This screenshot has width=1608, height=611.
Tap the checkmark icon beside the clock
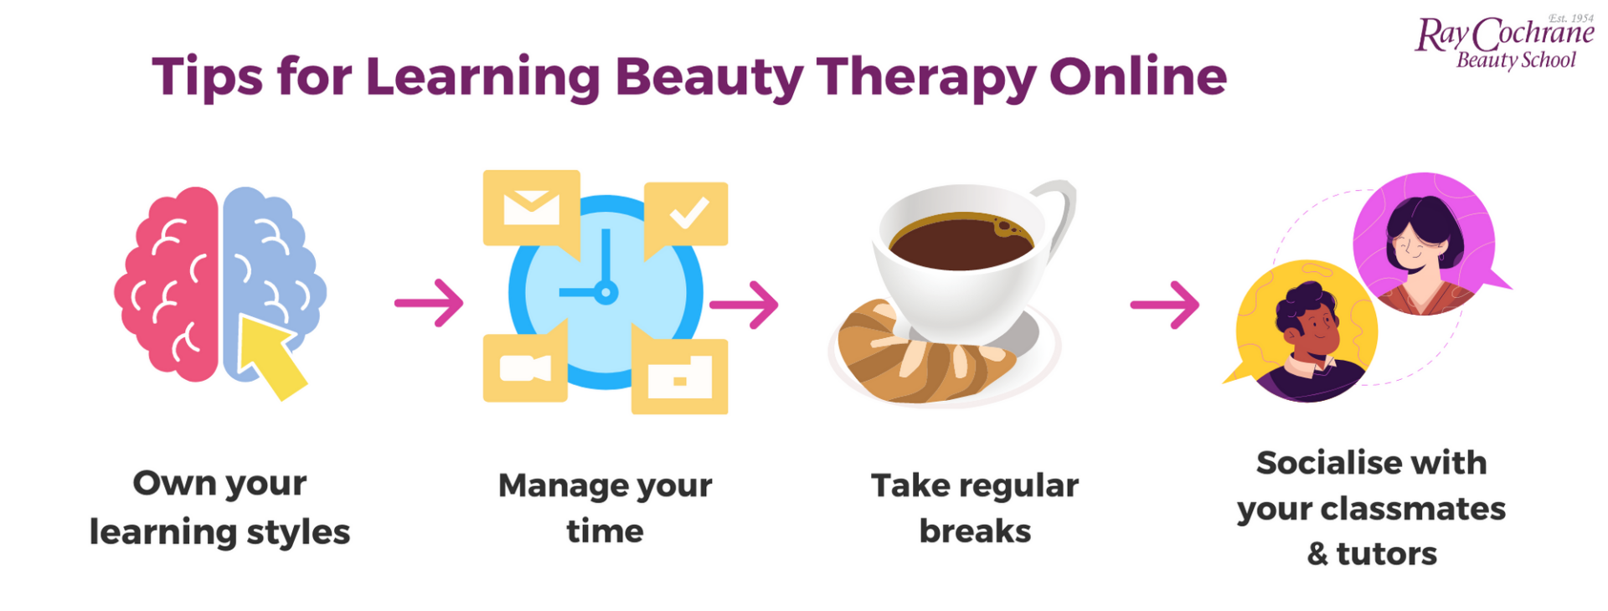coord(688,213)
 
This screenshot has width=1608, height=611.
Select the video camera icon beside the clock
coord(524,368)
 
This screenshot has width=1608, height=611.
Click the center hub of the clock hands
coord(606,292)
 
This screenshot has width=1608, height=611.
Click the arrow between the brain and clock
coord(430,302)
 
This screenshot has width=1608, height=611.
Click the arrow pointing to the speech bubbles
coord(1165,305)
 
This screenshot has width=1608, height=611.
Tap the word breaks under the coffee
coord(975,531)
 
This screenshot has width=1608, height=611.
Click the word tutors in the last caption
coord(1386,554)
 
